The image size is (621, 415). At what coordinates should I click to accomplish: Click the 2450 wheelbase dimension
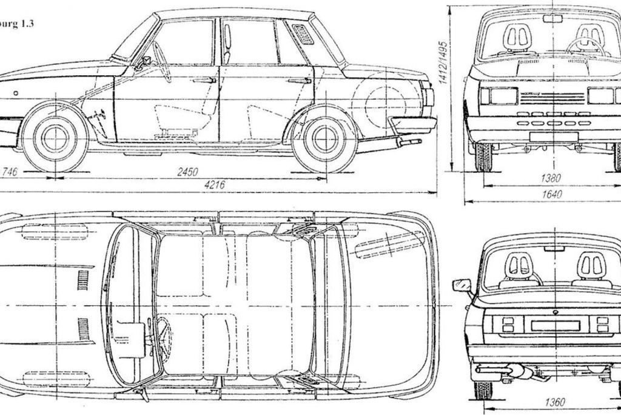[187, 172]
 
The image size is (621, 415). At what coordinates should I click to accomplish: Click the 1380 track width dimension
[550, 178]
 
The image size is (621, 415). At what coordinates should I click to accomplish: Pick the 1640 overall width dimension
[552, 194]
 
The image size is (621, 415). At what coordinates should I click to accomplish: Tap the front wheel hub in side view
[55, 138]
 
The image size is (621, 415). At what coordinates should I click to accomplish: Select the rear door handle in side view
[299, 80]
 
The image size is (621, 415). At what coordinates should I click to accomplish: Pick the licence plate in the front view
[553, 136]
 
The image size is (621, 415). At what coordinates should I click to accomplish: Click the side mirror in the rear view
[461, 285]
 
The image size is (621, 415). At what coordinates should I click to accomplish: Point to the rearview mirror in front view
[552, 19]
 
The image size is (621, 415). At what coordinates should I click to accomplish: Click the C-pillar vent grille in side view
[303, 35]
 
